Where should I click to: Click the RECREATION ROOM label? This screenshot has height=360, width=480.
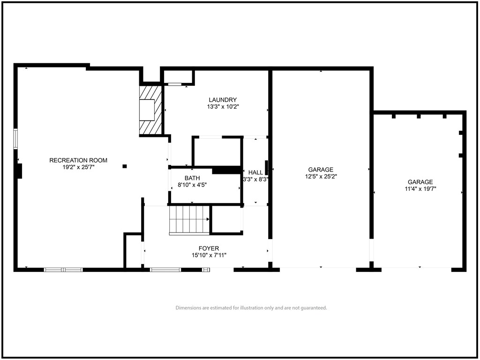click(78, 160)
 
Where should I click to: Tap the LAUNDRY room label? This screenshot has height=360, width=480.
click(223, 100)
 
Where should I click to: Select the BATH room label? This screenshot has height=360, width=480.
click(192, 178)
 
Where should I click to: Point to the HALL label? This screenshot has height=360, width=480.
click(255, 172)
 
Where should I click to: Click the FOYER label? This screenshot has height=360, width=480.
click(209, 248)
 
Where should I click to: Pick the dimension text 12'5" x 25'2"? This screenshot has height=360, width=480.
click(321, 176)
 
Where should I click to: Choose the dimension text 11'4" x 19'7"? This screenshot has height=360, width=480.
click(420, 189)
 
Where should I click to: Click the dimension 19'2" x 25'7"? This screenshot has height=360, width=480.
click(78, 167)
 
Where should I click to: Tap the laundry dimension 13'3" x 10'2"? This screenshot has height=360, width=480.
click(223, 107)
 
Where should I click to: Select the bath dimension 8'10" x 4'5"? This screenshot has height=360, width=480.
click(192, 185)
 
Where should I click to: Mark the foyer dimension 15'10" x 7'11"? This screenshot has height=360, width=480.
click(209, 255)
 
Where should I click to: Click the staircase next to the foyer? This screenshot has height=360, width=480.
click(189, 220)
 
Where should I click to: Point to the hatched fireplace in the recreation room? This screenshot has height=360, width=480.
click(150, 110)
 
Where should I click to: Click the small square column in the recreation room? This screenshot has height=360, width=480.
click(125, 166)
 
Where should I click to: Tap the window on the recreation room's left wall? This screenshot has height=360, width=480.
click(15, 139)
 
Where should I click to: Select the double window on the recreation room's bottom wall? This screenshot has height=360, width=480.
click(63, 270)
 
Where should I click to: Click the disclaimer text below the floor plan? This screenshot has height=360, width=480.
click(251, 307)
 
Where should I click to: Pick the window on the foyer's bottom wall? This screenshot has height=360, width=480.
click(165, 270)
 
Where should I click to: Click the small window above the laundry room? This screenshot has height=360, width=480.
click(175, 84)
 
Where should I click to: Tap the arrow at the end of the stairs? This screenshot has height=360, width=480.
click(208, 219)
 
